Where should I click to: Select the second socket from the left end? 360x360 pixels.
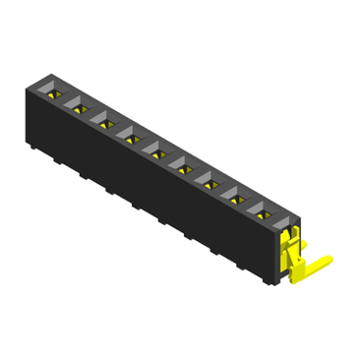(x=78, y=108)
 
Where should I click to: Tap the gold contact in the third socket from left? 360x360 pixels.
(x=104, y=123)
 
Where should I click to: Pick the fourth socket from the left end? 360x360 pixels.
(x=129, y=137)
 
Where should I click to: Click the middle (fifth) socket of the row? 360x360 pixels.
(x=155, y=150)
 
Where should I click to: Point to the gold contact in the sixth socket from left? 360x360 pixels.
(x=182, y=165)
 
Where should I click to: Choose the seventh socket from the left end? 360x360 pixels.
(x=208, y=178)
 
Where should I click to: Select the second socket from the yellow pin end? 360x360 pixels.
(x=235, y=194)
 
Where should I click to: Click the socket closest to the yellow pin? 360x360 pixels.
(x=262, y=208)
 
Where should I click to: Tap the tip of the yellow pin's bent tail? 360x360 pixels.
(x=328, y=261)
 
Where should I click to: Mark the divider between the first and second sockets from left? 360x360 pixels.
(x=66, y=102)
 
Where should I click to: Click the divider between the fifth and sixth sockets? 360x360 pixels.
(x=168, y=158)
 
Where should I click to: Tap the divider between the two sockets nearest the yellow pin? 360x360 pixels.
(x=248, y=201)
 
